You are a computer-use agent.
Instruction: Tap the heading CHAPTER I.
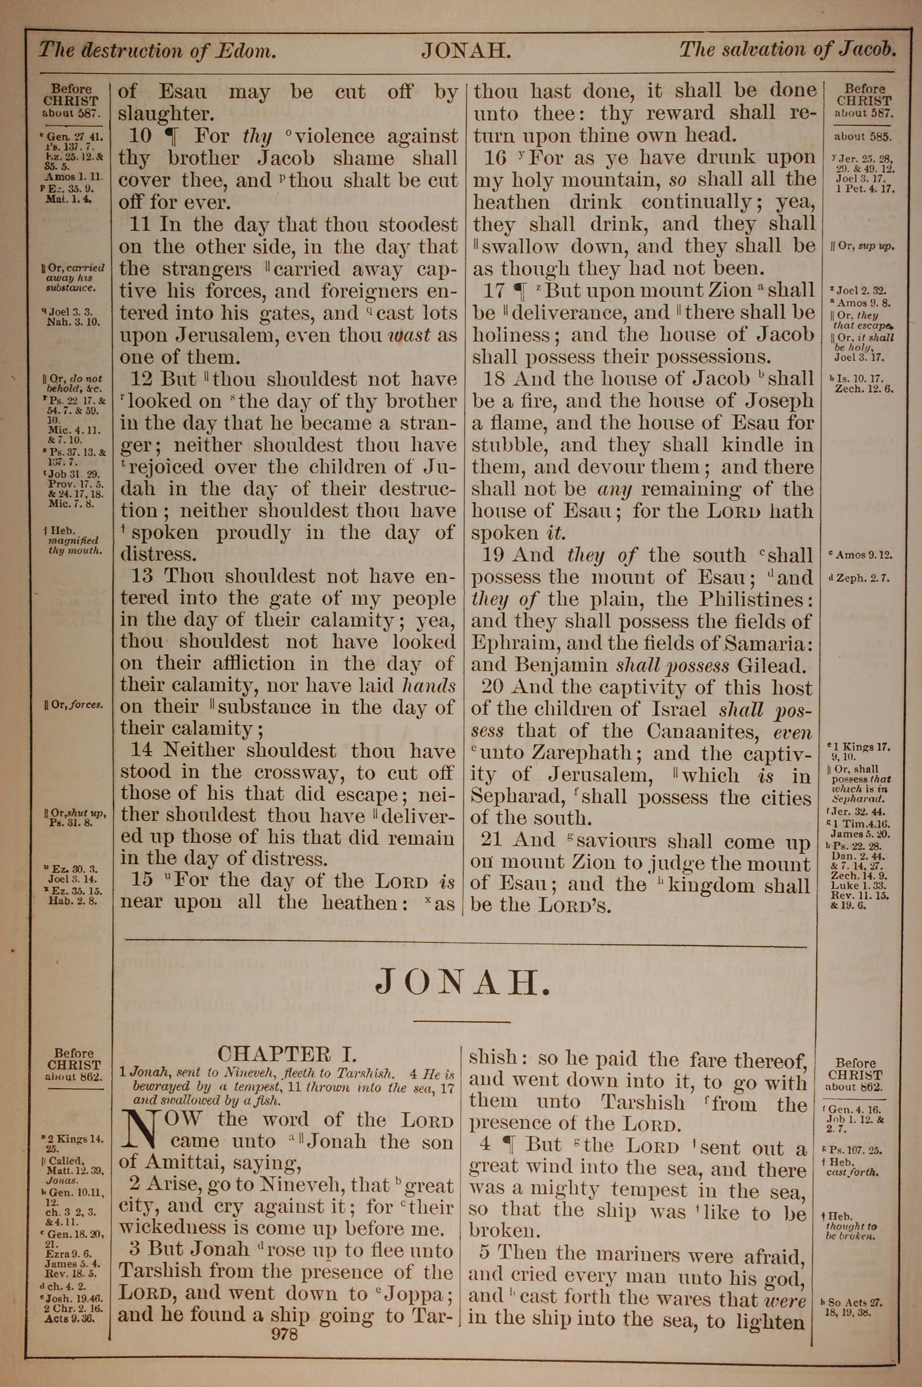pyautogui.click(x=287, y=1052)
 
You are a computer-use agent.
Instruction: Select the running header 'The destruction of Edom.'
pyautogui.click(x=157, y=51)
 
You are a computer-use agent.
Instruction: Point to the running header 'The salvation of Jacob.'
pyautogui.click(x=787, y=49)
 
